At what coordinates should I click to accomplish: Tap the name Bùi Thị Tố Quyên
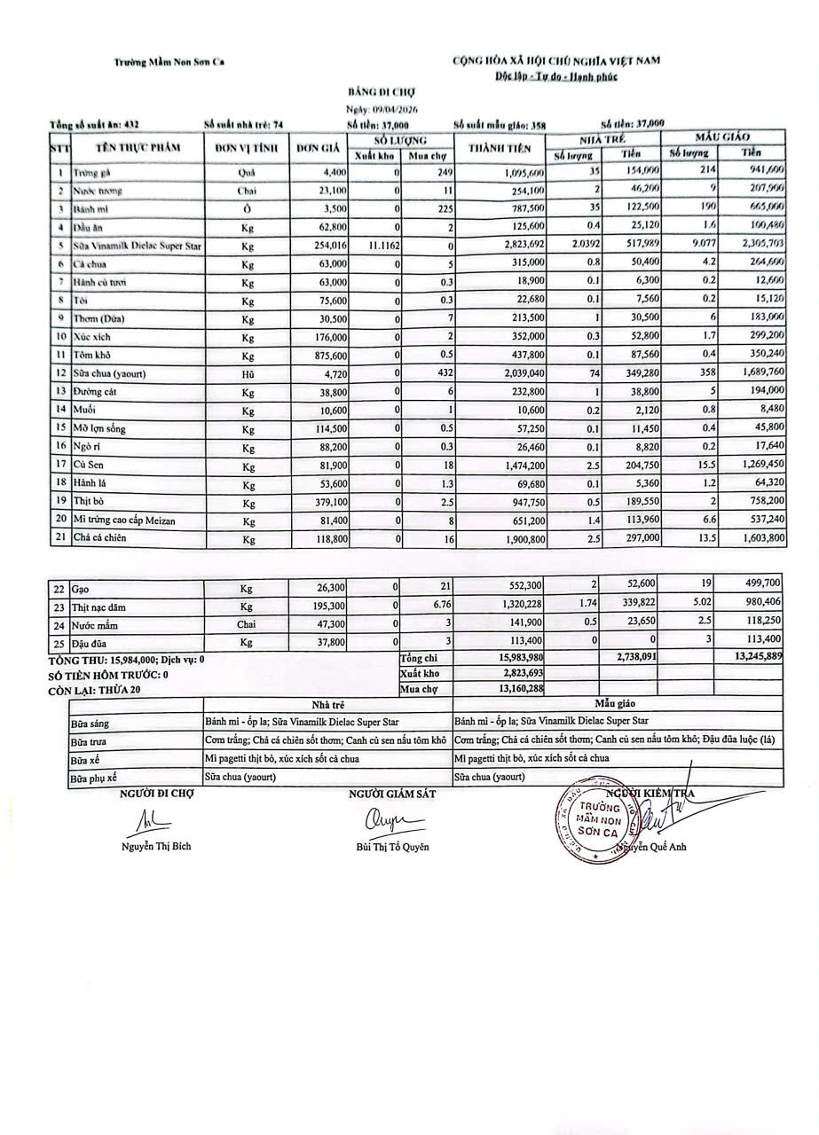pyautogui.click(x=390, y=847)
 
